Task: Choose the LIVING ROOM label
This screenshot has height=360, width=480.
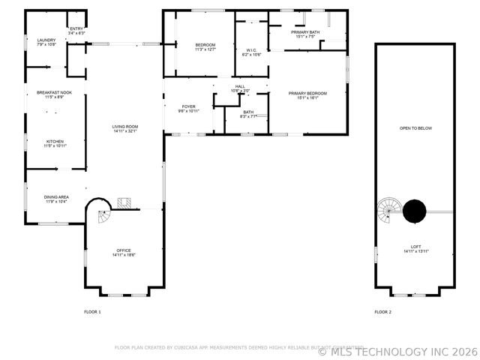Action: tap(125, 128)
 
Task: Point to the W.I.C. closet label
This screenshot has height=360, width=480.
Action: tap(251, 52)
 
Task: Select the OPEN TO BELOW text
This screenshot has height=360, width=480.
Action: tap(415, 128)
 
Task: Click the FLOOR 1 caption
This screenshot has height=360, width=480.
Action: tap(91, 311)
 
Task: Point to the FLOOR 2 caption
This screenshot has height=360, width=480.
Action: tap(382, 311)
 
